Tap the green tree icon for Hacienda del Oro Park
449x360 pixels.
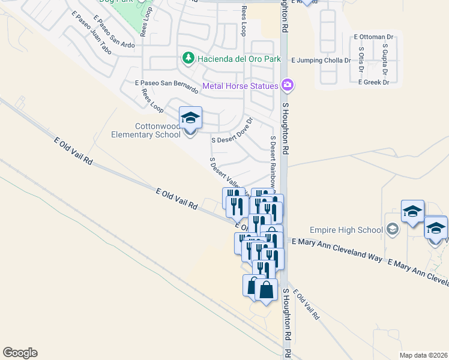tap(188, 58)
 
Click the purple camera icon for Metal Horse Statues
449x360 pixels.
tap(288, 85)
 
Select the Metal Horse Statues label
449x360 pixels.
tap(240, 86)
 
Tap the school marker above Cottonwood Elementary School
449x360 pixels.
tap(190, 118)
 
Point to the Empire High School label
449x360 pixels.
tap(346, 230)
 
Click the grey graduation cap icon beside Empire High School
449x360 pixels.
tap(392, 229)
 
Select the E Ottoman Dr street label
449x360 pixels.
tap(373, 37)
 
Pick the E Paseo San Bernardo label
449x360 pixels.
tap(166, 86)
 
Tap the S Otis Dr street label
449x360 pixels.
tap(361, 59)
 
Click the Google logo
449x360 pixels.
tap(20, 353)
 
